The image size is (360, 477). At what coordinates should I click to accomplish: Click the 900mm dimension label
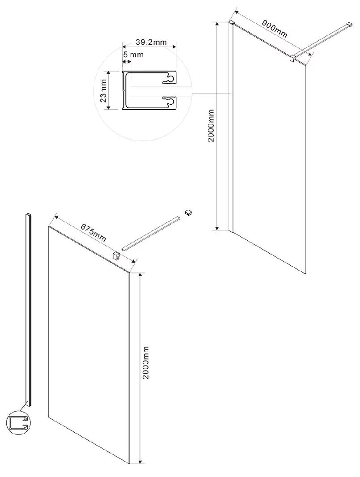275,29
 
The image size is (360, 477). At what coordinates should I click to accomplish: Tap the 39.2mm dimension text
151,42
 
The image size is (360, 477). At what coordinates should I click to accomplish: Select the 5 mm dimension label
133,55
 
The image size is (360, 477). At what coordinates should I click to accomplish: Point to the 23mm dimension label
103,90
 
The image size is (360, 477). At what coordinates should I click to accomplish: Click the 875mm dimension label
93,233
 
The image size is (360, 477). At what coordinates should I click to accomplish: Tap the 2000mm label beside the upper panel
211,126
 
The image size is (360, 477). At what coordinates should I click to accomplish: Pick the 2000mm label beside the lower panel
146,362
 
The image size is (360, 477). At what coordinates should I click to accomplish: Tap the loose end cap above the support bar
189,213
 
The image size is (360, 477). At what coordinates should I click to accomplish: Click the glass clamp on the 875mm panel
116,256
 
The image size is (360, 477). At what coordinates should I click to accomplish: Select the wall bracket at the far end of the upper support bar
349,24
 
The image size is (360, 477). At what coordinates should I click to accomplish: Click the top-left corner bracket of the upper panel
231,22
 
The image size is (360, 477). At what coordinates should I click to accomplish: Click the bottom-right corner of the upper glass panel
305,274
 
